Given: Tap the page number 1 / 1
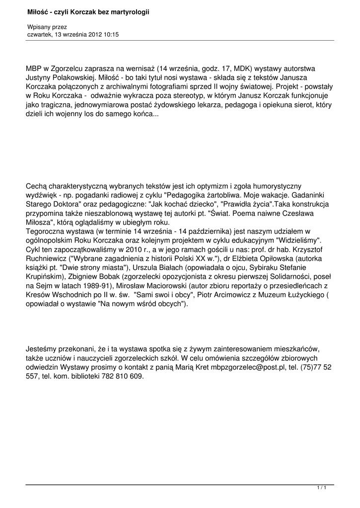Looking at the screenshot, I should (x=322, y=489).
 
